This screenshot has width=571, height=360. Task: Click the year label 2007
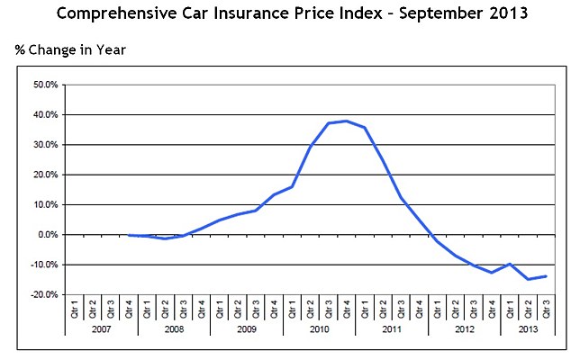click(x=102, y=329)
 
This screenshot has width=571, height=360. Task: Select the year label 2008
click(x=174, y=329)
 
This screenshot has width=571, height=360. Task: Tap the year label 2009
click(x=246, y=329)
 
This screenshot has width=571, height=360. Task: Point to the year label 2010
click(x=319, y=329)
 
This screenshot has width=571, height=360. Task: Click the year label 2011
click(x=391, y=329)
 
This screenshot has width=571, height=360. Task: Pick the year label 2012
click(x=464, y=329)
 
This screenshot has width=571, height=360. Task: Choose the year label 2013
click(x=527, y=329)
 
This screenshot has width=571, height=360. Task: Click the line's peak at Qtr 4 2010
click(x=347, y=121)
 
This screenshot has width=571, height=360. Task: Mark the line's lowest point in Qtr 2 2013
click(x=527, y=279)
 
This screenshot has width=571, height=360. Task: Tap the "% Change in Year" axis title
click(x=70, y=49)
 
